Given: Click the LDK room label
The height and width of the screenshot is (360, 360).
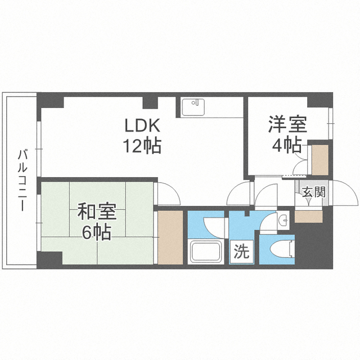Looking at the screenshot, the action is (142, 125).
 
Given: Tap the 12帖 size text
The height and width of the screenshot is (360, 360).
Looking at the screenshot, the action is (142, 146).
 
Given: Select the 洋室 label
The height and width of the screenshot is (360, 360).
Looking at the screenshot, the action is (287, 124).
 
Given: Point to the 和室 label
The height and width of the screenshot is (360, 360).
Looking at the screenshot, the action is (97, 211).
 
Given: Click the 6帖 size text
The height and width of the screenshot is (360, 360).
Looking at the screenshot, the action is (97, 232).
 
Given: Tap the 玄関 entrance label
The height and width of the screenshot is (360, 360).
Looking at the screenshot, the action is (314, 192).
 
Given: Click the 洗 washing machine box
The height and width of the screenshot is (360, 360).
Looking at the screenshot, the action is (242, 251).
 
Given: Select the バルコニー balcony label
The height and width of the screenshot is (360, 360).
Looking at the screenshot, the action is (22, 180).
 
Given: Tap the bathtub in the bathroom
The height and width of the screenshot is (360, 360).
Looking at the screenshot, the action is (206, 251).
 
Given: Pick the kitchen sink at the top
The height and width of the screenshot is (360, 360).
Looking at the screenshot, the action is (193, 107).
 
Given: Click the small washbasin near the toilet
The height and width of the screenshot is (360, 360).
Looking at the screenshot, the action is (284, 220).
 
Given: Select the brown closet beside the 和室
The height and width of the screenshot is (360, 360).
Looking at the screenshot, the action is (170, 237).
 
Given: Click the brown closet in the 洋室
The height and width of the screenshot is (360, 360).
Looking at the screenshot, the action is (320, 160).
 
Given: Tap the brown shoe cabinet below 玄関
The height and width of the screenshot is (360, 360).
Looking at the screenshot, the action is (309, 217).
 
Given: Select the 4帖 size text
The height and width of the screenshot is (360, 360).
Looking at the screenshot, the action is (287, 145).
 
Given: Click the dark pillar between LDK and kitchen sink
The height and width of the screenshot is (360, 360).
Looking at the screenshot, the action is (150, 102).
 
